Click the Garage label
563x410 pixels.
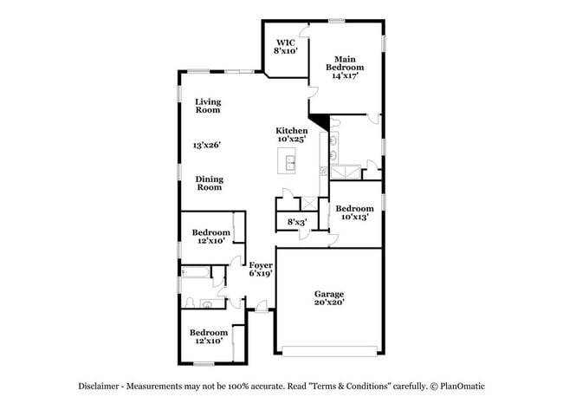click(329, 295)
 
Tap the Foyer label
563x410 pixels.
click(261, 264)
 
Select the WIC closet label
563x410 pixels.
click(286, 42)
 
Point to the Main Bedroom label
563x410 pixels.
click(345, 62)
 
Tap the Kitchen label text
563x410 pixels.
click(292, 130)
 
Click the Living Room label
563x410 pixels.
click(208, 105)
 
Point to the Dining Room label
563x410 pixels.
click(209, 183)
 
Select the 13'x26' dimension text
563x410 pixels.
click(208, 146)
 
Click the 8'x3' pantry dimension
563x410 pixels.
click(297, 222)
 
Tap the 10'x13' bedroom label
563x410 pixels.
click(354, 217)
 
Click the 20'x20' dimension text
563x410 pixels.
click(329, 303)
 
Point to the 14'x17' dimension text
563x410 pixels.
click(345, 76)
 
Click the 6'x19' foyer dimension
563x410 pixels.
click(261, 273)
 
